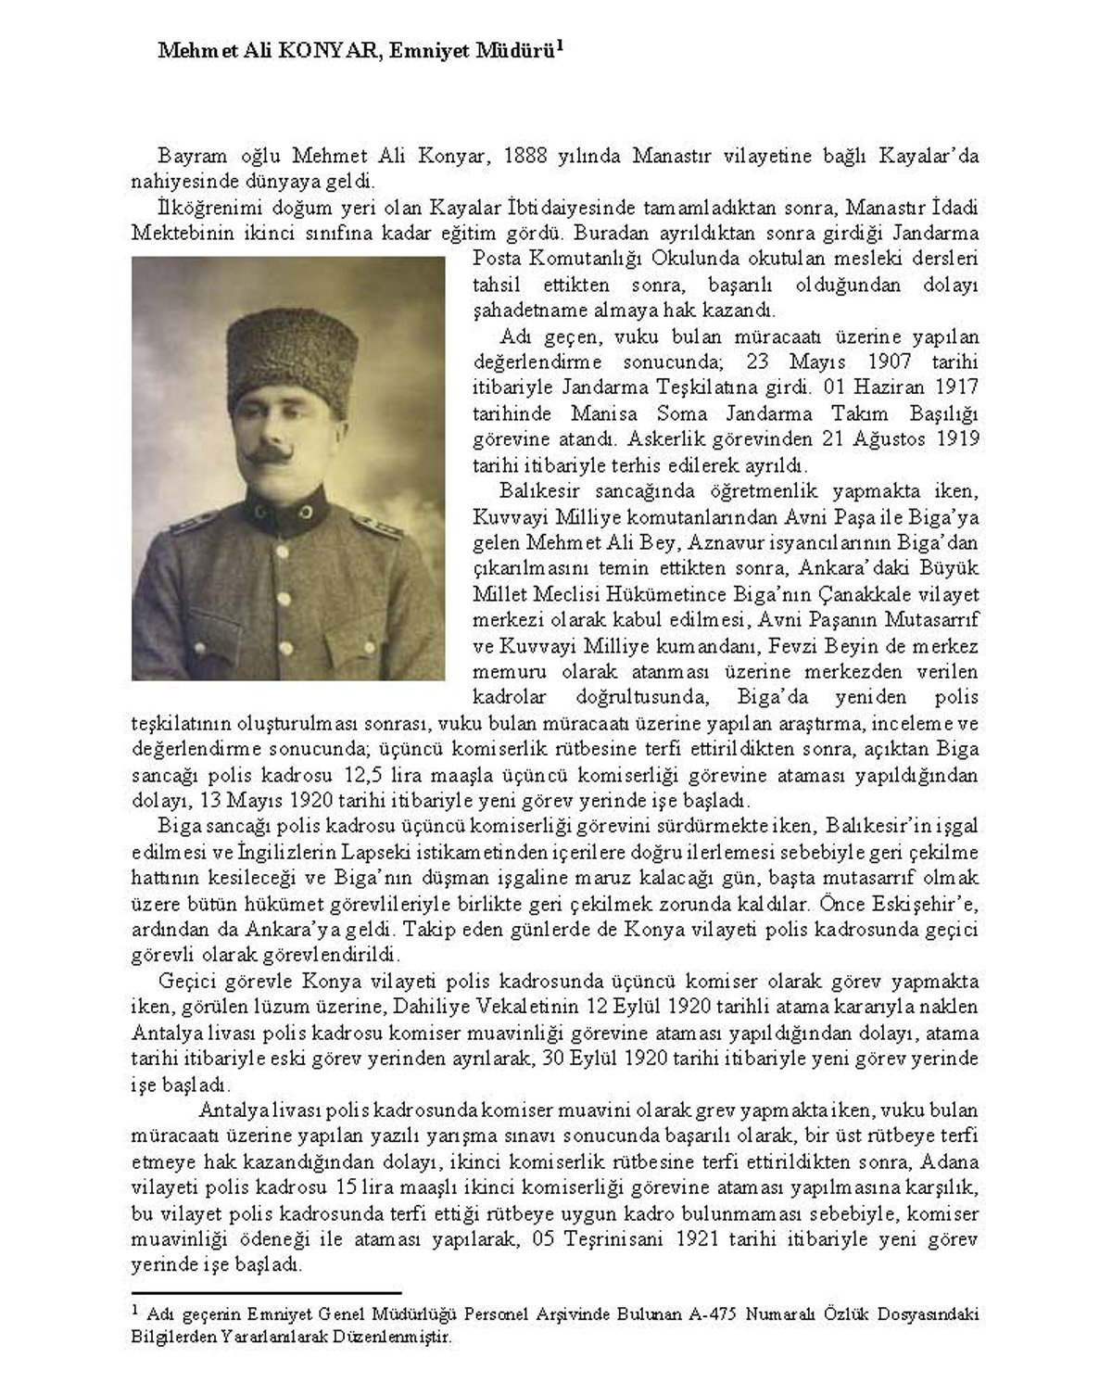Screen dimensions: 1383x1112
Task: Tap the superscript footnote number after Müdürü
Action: pyautogui.click(x=560, y=44)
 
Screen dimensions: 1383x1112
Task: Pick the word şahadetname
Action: pyautogui.click(x=528, y=310)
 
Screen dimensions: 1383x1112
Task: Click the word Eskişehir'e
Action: pyautogui.click(x=932, y=903)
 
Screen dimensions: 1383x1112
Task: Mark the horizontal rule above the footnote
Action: pyautogui.click(x=266, y=1292)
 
